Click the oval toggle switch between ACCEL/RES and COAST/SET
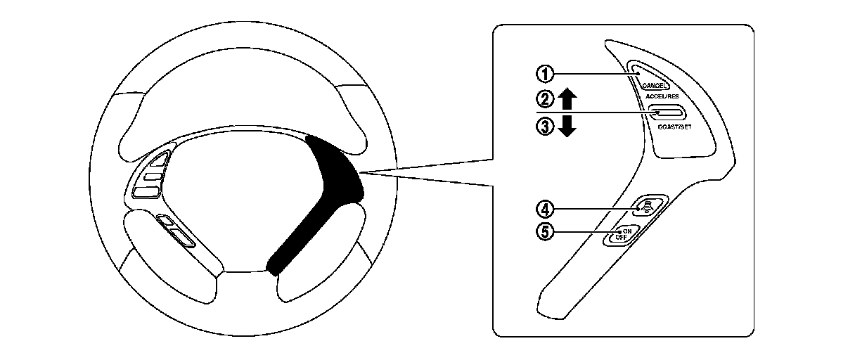[x=667, y=112]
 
